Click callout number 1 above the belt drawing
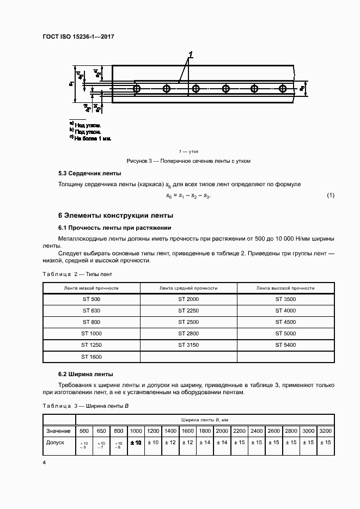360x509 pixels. (191, 54)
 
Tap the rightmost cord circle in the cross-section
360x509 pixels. (282, 88)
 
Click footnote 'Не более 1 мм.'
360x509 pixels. (93, 139)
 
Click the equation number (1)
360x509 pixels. (330, 195)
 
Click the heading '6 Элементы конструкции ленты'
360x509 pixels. (115, 215)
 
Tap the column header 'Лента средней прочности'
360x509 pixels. (188, 288)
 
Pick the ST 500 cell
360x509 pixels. (91, 299)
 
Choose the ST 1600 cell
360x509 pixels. (91, 357)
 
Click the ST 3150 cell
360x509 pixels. (188, 345)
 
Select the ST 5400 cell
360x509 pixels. (285, 345)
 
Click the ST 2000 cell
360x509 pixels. (188, 299)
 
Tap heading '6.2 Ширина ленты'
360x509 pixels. (86, 375)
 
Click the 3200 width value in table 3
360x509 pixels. (326, 431)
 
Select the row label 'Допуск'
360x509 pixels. (56, 443)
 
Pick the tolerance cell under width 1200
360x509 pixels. (153, 443)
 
